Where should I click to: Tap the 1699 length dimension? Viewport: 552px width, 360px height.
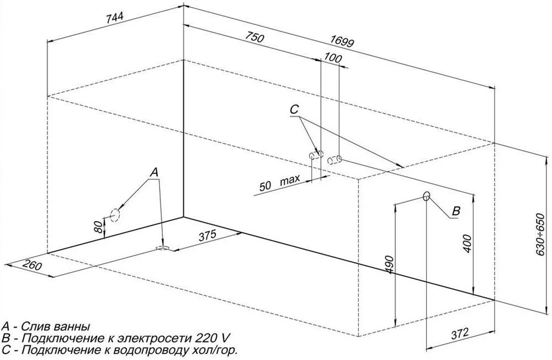point(342,41)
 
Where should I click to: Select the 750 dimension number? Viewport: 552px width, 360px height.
point(254,36)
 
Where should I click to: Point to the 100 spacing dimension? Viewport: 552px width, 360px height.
point(333,57)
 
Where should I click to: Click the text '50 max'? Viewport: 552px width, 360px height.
point(280,182)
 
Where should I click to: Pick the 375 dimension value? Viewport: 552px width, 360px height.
point(207,235)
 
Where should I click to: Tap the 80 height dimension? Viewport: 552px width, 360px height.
point(99,226)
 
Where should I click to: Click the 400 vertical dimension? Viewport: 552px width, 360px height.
point(467,243)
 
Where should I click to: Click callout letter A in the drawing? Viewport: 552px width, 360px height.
point(154,173)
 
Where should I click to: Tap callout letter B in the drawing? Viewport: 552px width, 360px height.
point(456,211)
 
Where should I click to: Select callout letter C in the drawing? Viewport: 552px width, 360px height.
point(294,110)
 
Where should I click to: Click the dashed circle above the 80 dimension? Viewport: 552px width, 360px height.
point(115,215)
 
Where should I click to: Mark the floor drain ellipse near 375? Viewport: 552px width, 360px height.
point(163,248)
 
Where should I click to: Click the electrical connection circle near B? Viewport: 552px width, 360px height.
point(426,196)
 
